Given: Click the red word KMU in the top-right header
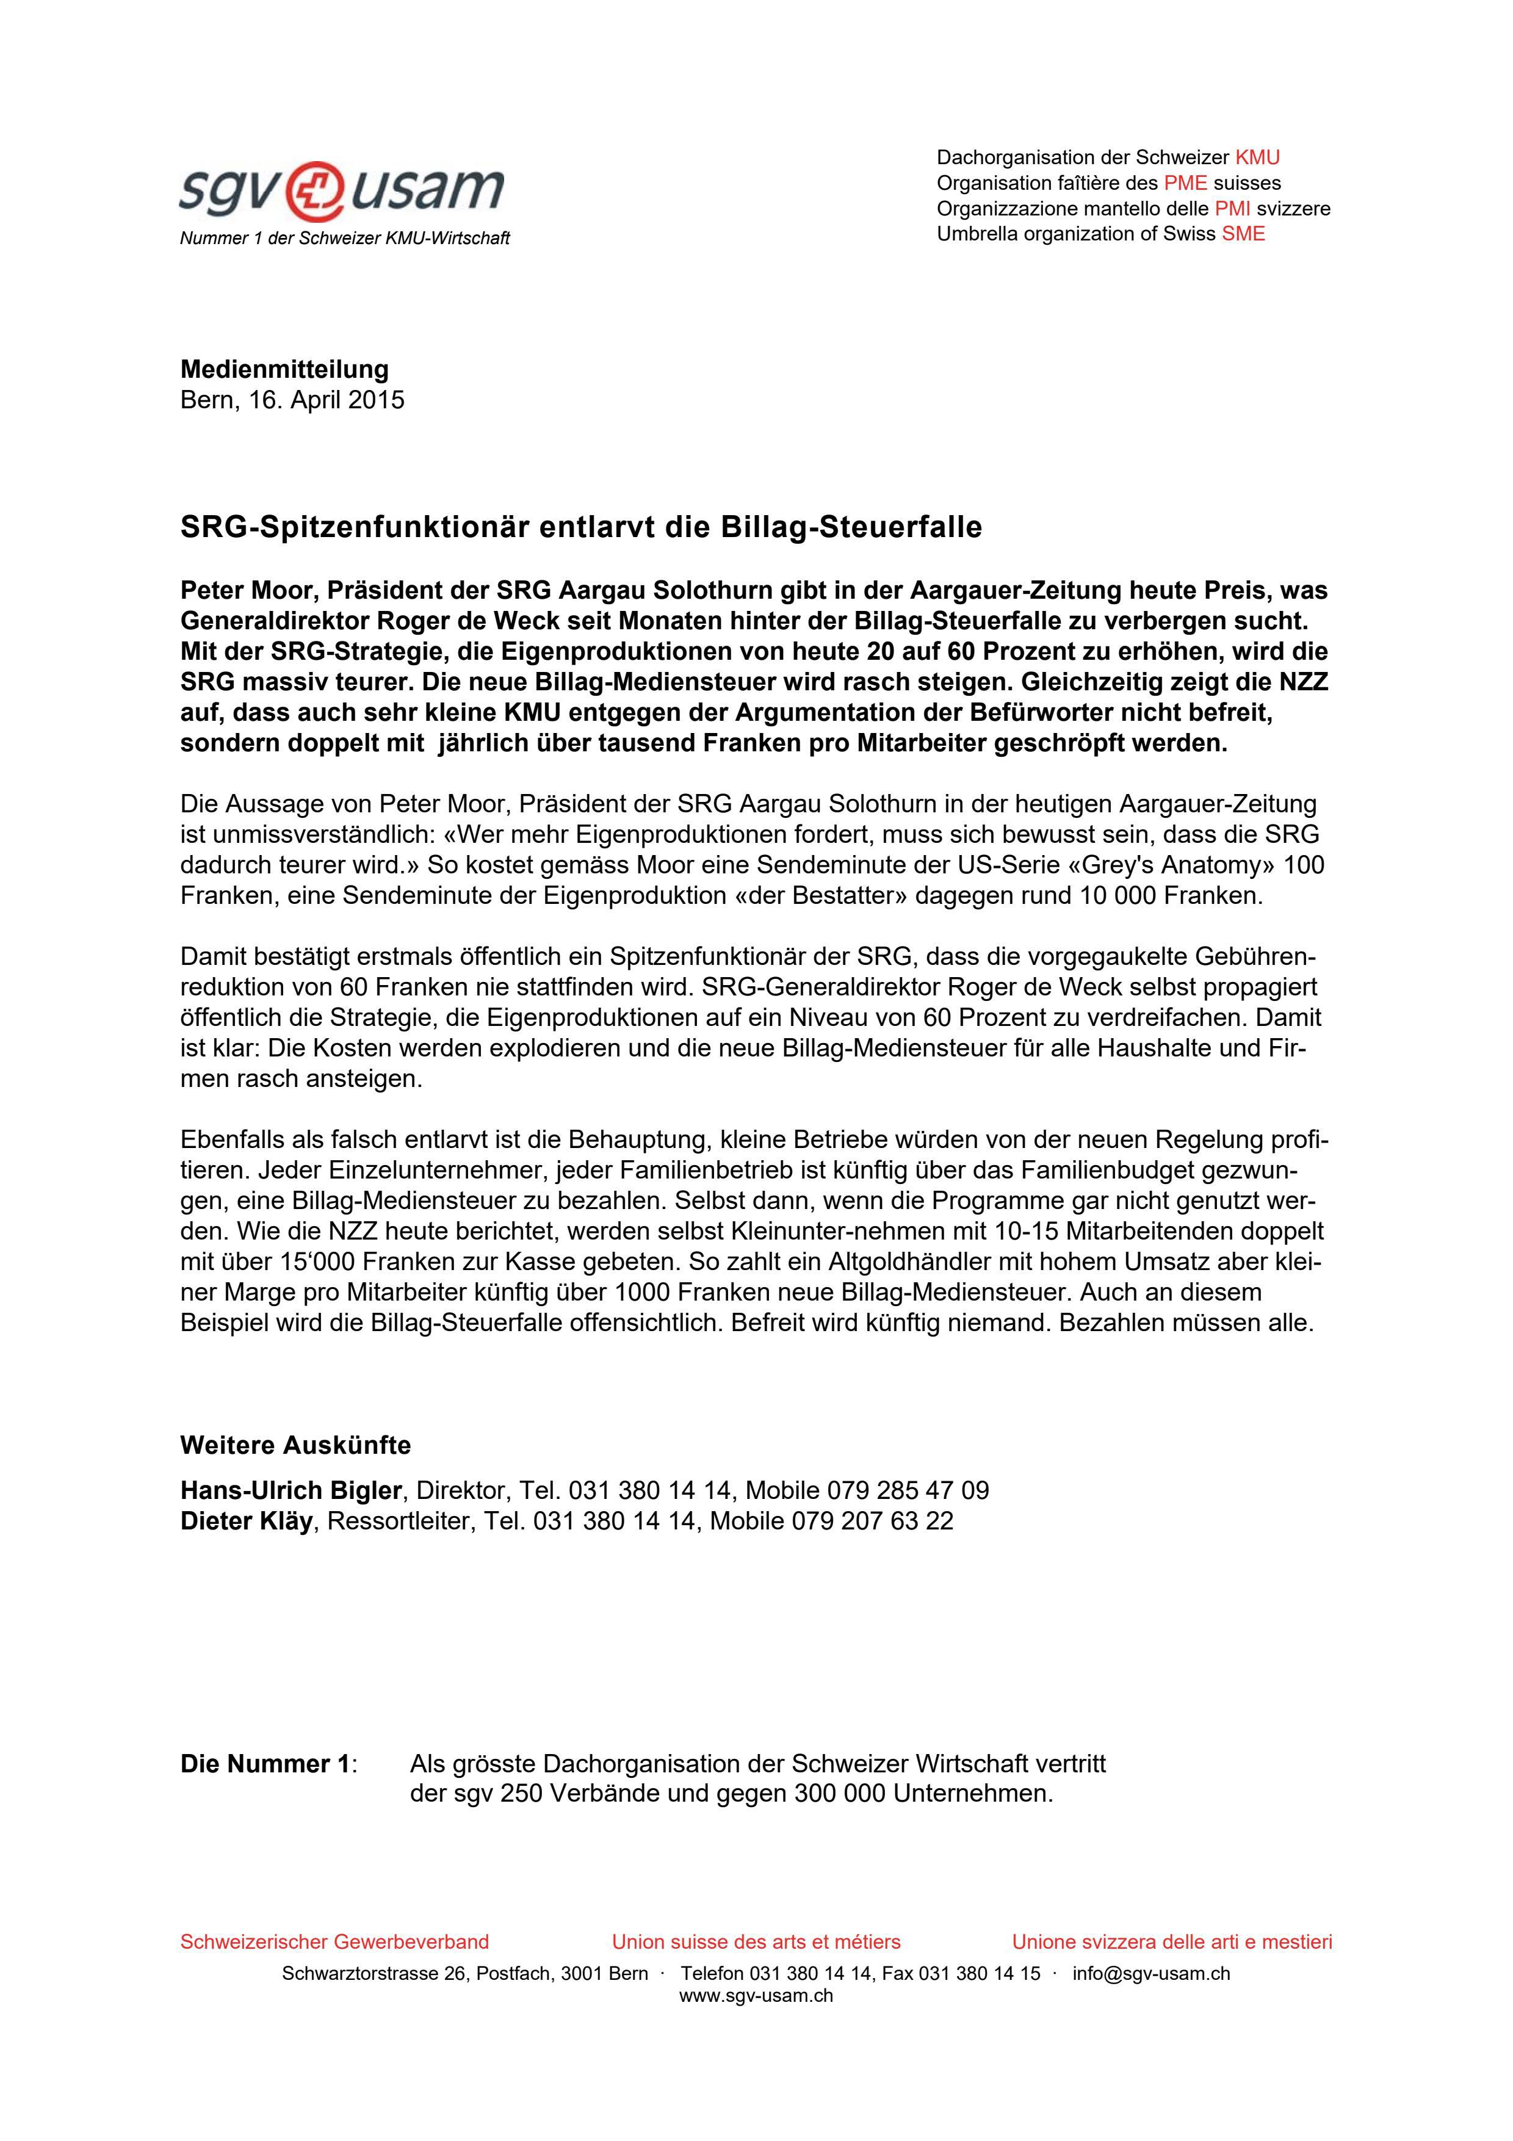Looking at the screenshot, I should pyautogui.click(x=1257, y=157).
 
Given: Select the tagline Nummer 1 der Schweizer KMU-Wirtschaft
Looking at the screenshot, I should pyautogui.click(x=345, y=239).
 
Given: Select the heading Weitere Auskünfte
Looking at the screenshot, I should pyautogui.click(x=295, y=1445).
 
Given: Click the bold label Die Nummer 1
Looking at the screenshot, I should pyautogui.click(x=265, y=1764).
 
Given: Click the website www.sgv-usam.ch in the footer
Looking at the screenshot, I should pyautogui.click(x=756, y=1996).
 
